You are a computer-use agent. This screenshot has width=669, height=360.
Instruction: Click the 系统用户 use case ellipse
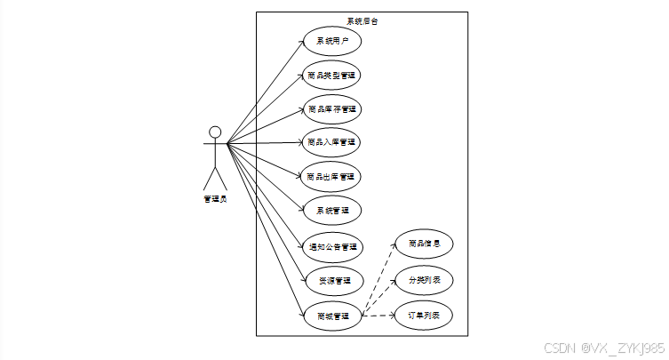331,41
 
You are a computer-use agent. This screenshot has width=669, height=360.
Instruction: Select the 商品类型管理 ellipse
331,76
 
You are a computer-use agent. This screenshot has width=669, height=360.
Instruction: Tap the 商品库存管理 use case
331,109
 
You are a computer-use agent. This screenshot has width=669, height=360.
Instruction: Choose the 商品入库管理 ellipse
331,142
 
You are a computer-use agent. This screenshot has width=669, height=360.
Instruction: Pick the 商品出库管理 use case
331,176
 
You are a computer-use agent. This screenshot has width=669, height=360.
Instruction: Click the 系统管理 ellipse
331,211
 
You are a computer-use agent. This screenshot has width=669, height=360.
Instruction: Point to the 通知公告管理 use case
331,246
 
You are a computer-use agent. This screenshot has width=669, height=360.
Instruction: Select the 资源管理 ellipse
331,281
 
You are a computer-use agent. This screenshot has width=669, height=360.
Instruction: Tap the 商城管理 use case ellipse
331,316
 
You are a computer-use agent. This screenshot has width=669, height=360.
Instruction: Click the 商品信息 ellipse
424,244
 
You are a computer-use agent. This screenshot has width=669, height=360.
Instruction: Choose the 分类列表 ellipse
424,280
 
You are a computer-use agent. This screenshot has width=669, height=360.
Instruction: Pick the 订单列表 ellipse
424,316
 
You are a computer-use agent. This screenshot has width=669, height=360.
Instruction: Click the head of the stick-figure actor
214,133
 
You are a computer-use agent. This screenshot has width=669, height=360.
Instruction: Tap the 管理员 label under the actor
214,199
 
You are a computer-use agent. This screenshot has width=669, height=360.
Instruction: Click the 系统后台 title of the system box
362,20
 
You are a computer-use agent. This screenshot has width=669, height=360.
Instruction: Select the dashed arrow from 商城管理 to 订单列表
378,316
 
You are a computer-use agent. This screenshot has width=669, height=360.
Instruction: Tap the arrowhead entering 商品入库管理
300,142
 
